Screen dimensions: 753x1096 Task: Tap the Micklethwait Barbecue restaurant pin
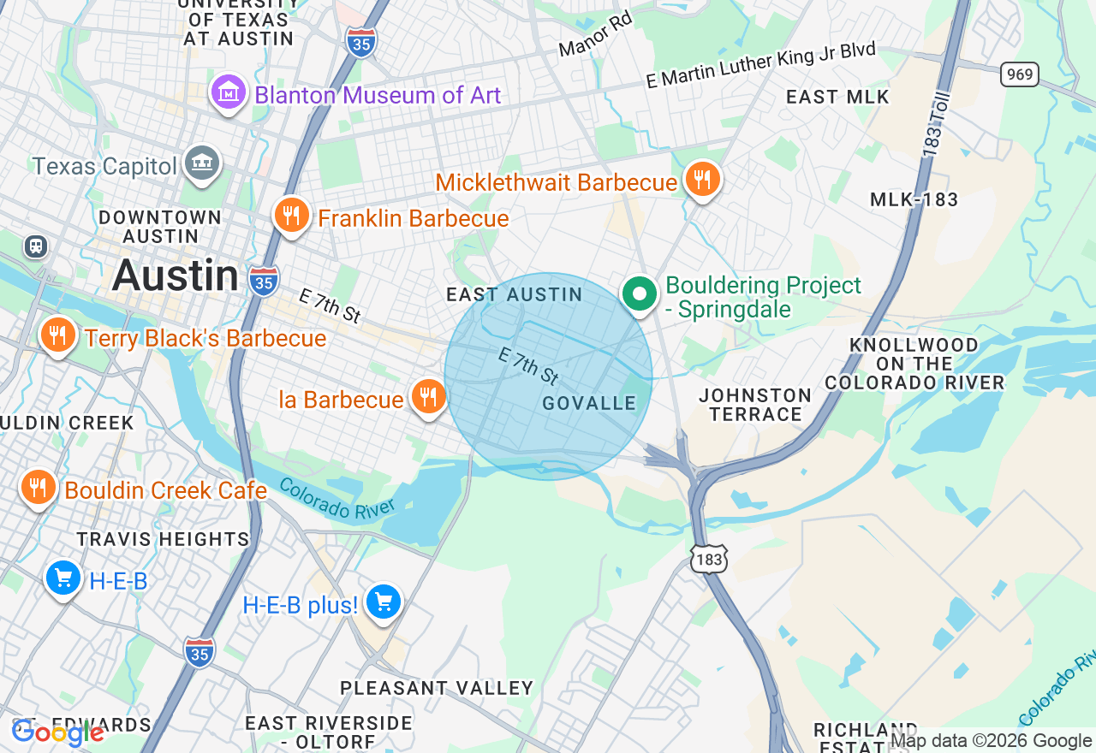pyautogui.click(x=702, y=180)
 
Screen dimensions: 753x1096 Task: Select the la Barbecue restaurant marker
pyautogui.click(x=427, y=397)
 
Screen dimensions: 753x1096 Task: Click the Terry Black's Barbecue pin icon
pyautogui.click(x=57, y=335)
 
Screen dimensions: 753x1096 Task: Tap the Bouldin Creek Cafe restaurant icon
pyautogui.click(x=37, y=488)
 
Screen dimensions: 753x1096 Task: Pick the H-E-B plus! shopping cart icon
pyautogui.click(x=383, y=602)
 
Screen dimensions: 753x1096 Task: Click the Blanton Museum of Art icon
pyautogui.click(x=229, y=93)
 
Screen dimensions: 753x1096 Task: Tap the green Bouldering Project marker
pyautogui.click(x=639, y=294)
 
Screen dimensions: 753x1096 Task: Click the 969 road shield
pyautogui.click(x=1019, y=74)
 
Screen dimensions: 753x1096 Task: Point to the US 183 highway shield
pyautogui.click(x=710, y=559)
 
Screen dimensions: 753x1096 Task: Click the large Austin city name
pyautogui.click(x=176, y=276)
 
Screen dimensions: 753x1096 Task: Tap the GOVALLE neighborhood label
pyautogui.click(x=589, y=403)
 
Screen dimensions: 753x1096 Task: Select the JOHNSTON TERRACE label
pyautogui.click(x=755, y=405)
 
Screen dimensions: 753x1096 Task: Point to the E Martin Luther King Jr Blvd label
pyautogui.click(x=760, y=65)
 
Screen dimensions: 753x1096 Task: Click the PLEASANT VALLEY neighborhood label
pyautogui.click(x=437, y=688)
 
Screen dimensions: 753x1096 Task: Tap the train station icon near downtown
pyautogui.click(x=36, y=246)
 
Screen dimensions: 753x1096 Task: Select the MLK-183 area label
pyautogui.click(x=914, y=199)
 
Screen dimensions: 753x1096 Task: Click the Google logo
pyautogui.click(x=58, y=732)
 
